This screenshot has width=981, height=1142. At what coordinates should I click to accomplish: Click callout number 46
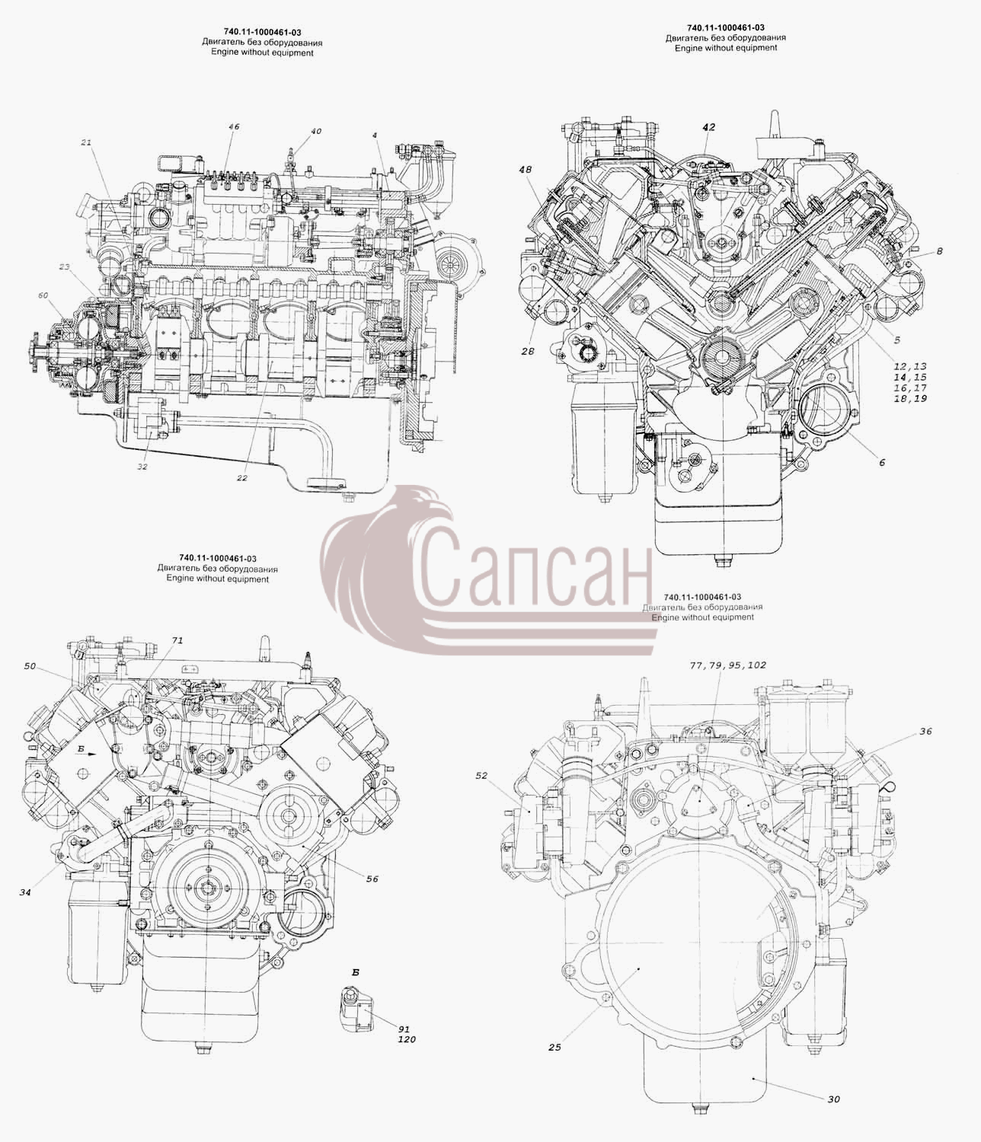[x=234, y=127]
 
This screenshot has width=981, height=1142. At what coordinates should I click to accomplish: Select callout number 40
[x=315, y=132]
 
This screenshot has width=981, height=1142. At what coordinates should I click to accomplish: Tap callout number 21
[x=86, y=142]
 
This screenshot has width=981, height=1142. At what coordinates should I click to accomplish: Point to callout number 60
[x=43, y=295]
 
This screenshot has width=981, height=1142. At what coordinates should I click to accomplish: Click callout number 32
[x=142, y=466]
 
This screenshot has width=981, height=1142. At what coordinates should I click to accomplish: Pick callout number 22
[x=242, y=478]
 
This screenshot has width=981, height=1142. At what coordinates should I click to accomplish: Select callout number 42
[x=708, y=127]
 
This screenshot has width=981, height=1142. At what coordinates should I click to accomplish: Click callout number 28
[x=528, y=351]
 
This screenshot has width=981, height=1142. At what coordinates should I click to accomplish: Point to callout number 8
[x=939, y=251]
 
